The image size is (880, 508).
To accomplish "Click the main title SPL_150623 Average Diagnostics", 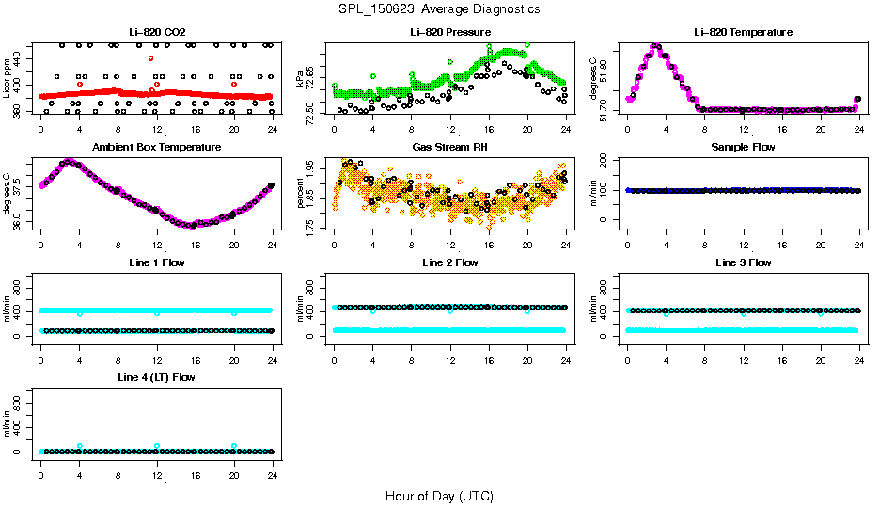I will point(440,8).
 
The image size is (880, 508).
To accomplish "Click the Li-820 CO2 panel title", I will point(156,33).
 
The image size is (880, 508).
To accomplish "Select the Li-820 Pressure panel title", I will point(449,33).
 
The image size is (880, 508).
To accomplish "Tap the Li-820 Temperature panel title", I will point(743,33).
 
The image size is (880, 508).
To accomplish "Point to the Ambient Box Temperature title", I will point(156,148).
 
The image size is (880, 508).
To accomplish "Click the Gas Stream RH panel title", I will point(449,148).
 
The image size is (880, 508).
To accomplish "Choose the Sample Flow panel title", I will point(743,148).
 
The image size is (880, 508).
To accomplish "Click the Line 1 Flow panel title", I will point(156,262).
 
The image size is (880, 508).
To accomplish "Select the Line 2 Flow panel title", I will point(449,262).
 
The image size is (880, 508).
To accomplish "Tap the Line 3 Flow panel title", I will point(743,262).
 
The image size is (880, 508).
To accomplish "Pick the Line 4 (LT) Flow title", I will point(156,377).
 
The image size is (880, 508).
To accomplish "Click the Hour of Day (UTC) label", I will point(439,496).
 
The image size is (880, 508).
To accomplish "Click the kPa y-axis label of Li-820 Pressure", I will point(300,78).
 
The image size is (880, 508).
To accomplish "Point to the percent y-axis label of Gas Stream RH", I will point(300,193).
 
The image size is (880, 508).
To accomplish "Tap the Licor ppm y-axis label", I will point(8,78).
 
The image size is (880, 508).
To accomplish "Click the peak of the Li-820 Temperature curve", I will point(655,45).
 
